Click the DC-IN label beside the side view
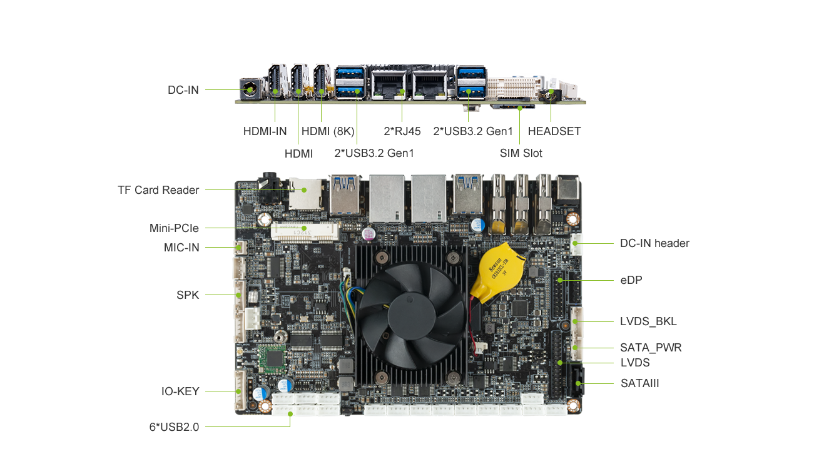[x=183, y=90]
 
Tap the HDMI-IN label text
[x=265, y=131]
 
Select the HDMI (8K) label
[x=328, y=131]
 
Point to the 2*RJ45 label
[x=402, y=131]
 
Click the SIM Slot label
[x=521, y=153]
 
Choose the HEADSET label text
[x=554, y=131]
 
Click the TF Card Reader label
[x=158, y=190]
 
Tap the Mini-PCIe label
[x=174, y=228]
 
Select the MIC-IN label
[x=181, y=248]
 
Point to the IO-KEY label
[x=180, y=391]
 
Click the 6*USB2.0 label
[x=174, y=427]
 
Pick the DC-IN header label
[x=654, y=243]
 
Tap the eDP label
[x=631, y=280]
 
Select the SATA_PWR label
[x=651, y=348]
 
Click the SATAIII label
[x=639, y=383]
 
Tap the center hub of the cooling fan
[x=412, y=316]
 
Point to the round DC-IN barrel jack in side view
[x=250, y=89]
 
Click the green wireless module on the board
[x=272, y=359]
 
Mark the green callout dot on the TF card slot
[x=304, y=190]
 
